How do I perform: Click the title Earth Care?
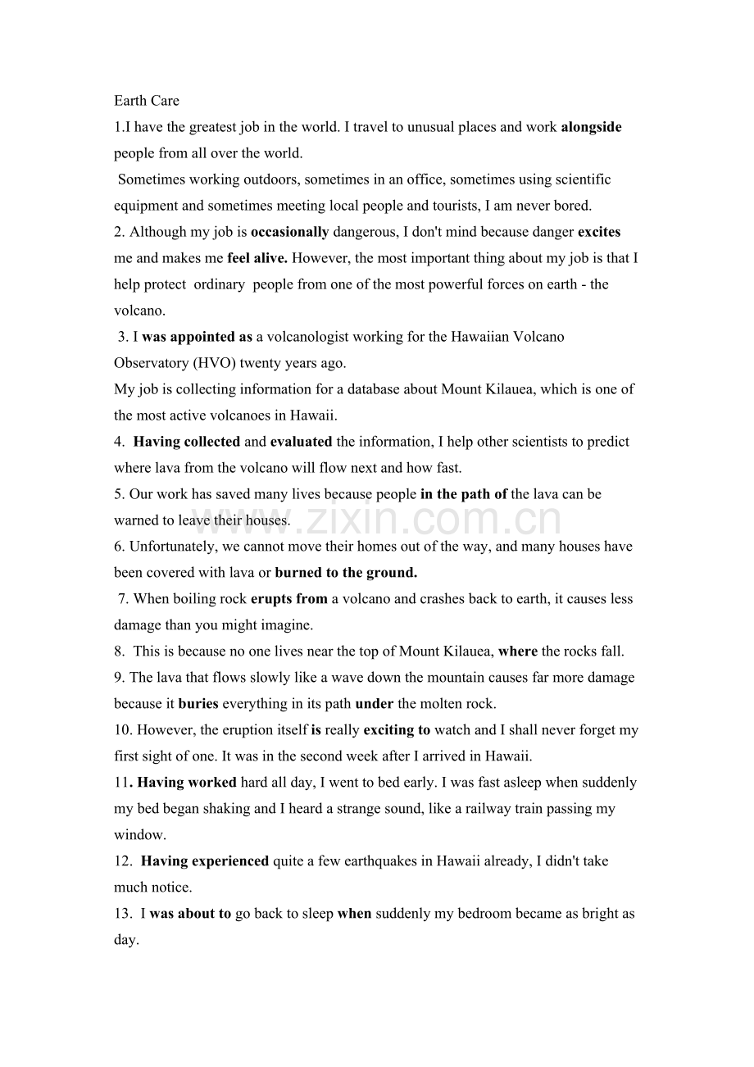[x=147, y=101]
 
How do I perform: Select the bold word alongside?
[x=591, y=127]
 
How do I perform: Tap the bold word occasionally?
[x=289, y=232]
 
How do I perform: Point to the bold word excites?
[x=599, y=232]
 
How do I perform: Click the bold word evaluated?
[x=301, y=442]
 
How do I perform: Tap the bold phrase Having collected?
[x=187, y=442]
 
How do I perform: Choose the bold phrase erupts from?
[x=288, y=599]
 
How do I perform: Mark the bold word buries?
[x=198, y=704]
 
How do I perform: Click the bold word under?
[x=375, y=704]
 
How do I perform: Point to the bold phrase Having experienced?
[x=205, y=861]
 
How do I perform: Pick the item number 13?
[x=122, y=914]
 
